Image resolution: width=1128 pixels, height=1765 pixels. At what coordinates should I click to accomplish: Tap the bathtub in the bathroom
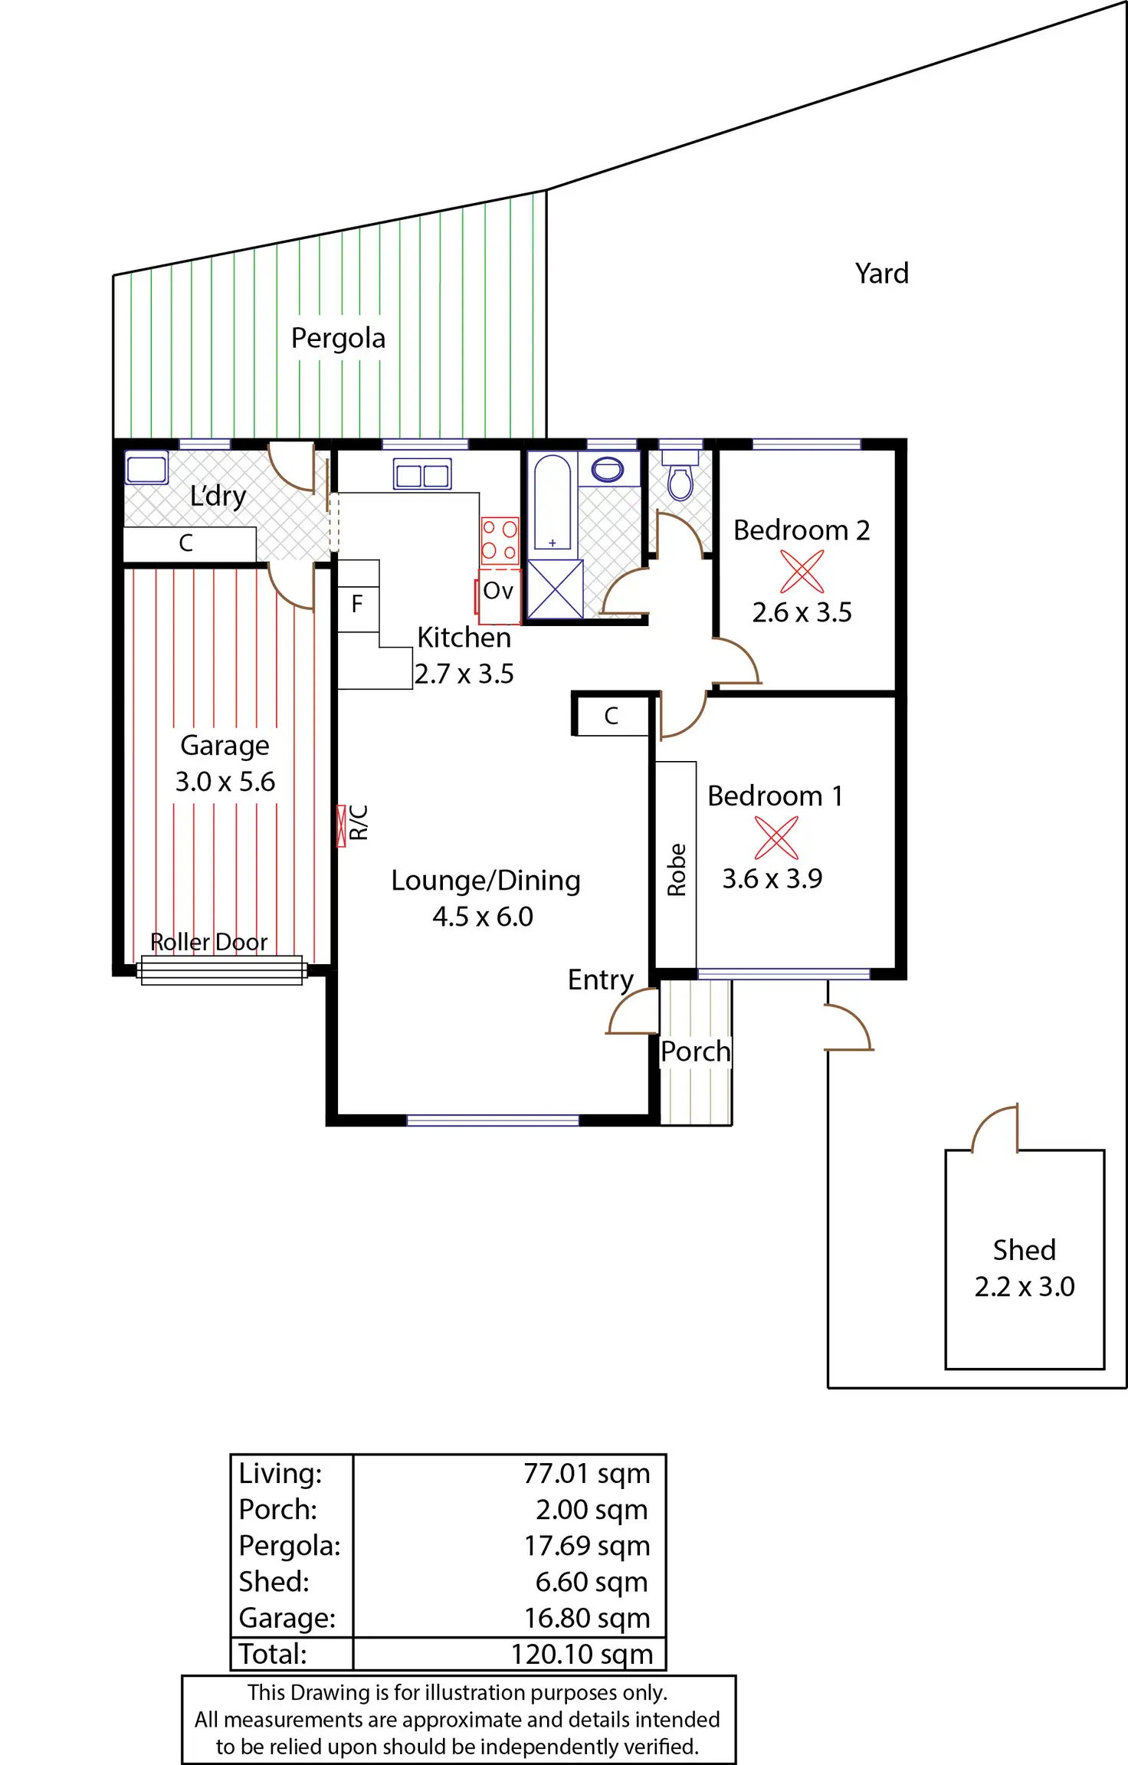click(x=552, y=503)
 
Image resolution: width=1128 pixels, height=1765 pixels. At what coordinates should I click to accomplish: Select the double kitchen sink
click(x=422, y=474)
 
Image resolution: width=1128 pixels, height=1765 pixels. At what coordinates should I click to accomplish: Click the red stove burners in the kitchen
click(x=500, y=540)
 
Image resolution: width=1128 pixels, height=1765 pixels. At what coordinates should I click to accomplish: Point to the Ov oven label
click(x=498, y=591)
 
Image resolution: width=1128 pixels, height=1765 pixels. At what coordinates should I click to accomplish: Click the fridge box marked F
click(x=357, y=604)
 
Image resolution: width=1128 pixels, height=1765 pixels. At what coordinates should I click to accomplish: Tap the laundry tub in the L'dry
click(x=146, y=468)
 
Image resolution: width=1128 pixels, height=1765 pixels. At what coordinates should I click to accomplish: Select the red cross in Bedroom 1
click(x=776, y=838)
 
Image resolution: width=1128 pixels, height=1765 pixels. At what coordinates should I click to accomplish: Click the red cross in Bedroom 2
click(x=802, y=572)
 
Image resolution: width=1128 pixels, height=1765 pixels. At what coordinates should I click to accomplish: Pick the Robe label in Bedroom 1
click(x=677, y=869)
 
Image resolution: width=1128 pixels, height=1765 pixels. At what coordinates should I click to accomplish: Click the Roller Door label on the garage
click(x=208, y=942)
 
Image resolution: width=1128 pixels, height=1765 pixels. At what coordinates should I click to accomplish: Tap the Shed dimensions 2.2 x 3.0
click(x=1025, y=1287)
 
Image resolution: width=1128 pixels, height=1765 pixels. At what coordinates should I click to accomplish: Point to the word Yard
click(x=882, y=274)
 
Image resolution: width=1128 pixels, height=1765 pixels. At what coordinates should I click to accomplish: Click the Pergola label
click(x=338, y=338)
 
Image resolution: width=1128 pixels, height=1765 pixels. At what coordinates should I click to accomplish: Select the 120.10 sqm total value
click(x=582, y=1654)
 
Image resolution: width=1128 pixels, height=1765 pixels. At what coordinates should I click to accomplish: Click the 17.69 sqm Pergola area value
click(x=587, y=1546)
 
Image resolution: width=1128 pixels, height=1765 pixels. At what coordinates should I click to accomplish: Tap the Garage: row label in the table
click(x=287, y=1618)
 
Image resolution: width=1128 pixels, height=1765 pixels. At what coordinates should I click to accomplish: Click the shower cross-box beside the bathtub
click(x=555, y=589)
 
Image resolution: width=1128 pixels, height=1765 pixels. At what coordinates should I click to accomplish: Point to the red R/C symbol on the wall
click(x=342, y=826)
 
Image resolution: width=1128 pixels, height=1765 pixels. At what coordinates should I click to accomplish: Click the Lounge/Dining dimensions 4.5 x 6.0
click(x=483, y=917)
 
